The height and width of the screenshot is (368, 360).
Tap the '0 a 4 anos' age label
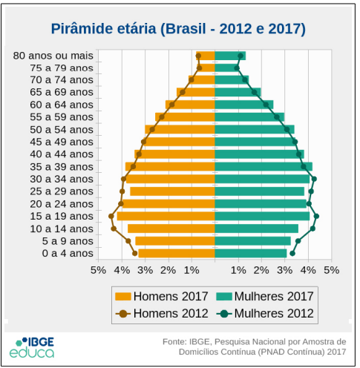[x=68, y=254]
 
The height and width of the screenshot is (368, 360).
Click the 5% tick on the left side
[x=98, y=270]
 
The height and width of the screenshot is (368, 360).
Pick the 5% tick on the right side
[x=331, y=270]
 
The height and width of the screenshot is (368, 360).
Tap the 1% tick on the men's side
[x=192, y=270]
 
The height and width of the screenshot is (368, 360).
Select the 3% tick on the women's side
[x=285, y=270]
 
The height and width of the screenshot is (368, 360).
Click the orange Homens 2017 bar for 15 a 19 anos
[x=166, y=216]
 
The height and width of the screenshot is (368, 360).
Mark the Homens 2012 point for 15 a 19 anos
[x=111, y=216]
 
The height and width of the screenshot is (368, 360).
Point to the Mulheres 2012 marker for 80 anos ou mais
[x=240, y=56]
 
